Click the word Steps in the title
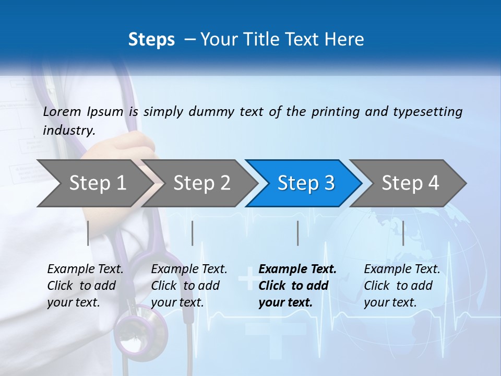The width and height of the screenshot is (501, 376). (x=151, y=40)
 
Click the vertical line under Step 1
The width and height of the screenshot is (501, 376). (x=88, y=233)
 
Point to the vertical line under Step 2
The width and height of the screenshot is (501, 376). (x=193, y=233)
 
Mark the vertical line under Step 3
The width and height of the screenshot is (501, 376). (x=298, y=233)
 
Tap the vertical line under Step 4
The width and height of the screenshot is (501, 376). (x=403, y=233)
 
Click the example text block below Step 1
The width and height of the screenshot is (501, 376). (x=85, y=286)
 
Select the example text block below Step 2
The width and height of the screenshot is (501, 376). (x=189, y=286)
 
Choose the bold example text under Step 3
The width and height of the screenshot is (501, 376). (x=297, y=286)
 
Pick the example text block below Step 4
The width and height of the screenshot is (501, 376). (x=402, y=286)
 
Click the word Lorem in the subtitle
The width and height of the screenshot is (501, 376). (x=62, y=111)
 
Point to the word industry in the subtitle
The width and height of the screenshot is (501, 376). (x=69, y=131)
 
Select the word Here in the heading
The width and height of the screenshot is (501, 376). (x=345, y=40)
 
